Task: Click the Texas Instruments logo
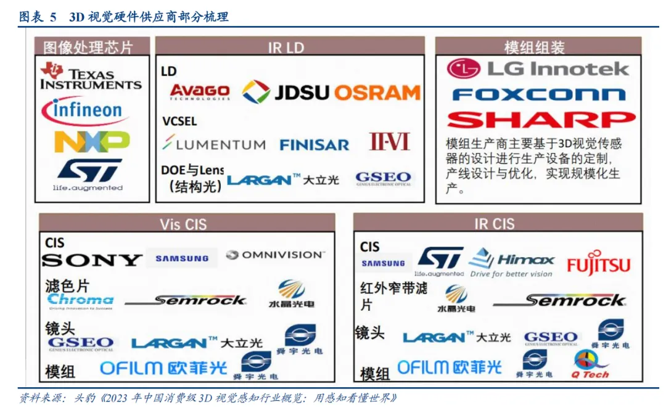(x=91, y=76)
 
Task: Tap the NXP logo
(x=92, y=142)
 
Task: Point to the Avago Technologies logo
(x=199, y=92)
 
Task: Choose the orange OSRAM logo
(x=377, y=92)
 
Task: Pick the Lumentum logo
(x=213, y=144)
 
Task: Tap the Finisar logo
(x=314, y=145)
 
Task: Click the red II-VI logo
(x=389, y=142)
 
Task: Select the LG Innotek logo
(x=538, y=68)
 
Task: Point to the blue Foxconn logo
(x=538, y=94)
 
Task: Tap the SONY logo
(x=92, y=260)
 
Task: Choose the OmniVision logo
(x=274, y=255)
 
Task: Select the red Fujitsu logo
(x=598, y=263)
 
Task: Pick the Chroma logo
(x=80, y=300)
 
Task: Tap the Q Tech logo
(x=589, y=365)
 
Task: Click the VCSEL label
(x=179, y=121)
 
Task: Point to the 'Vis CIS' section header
(x=187, y=223)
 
